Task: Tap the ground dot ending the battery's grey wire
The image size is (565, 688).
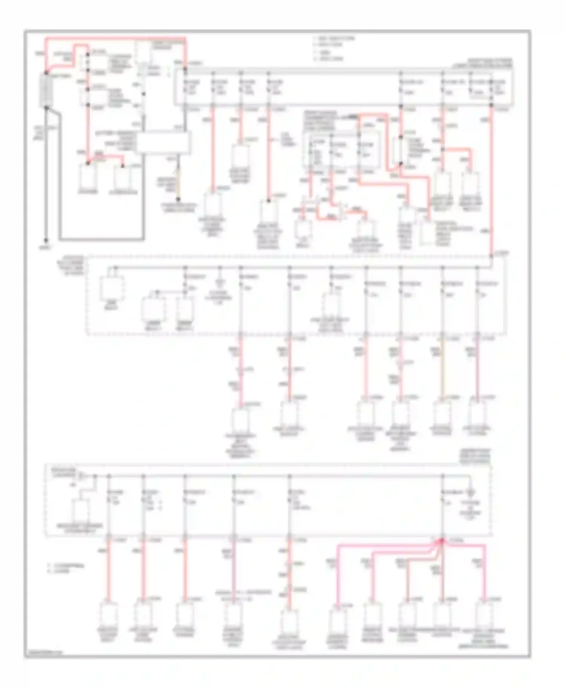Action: click(46, 240)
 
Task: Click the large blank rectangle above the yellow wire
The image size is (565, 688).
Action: click(164, 142)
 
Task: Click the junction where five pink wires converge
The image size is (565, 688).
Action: click(442, 541)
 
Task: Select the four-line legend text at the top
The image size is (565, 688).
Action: click(333, 49)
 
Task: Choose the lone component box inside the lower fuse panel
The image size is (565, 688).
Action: click(80, 510)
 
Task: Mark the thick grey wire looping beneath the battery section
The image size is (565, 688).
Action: click(102, 239)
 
